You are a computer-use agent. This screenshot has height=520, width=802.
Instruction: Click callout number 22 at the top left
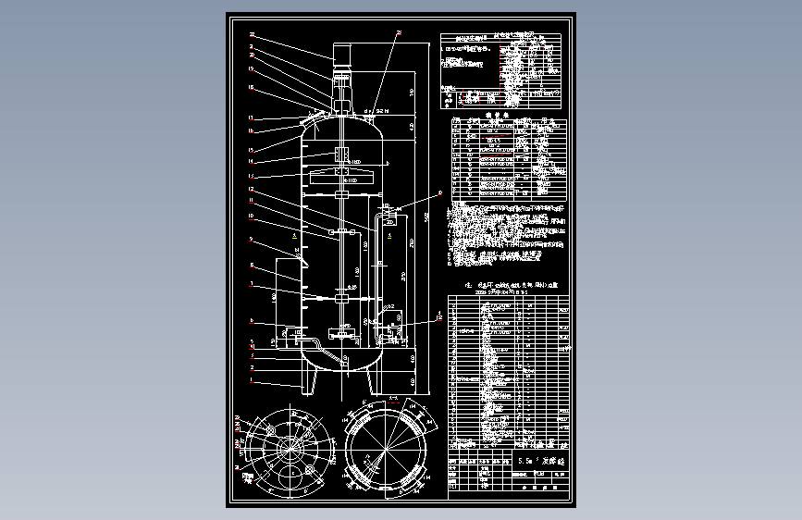(251, 35)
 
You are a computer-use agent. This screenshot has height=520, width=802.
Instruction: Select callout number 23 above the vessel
(399, 33)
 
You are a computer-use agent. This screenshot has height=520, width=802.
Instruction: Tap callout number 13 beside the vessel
(251, 176)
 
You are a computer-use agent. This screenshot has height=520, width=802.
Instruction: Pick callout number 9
(251, 240)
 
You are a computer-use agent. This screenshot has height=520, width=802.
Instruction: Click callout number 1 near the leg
(251, 381)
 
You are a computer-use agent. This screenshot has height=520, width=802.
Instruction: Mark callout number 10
(251, 216)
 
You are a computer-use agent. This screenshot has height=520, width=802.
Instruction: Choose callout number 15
(251, 151)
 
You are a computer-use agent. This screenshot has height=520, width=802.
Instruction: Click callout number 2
(251, 368)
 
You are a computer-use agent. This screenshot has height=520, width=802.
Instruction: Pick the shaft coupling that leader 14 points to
(340, 153)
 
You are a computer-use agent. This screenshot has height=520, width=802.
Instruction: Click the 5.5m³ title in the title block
(531, 460)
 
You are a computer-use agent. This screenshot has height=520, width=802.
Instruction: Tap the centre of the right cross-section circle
(385, 452)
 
